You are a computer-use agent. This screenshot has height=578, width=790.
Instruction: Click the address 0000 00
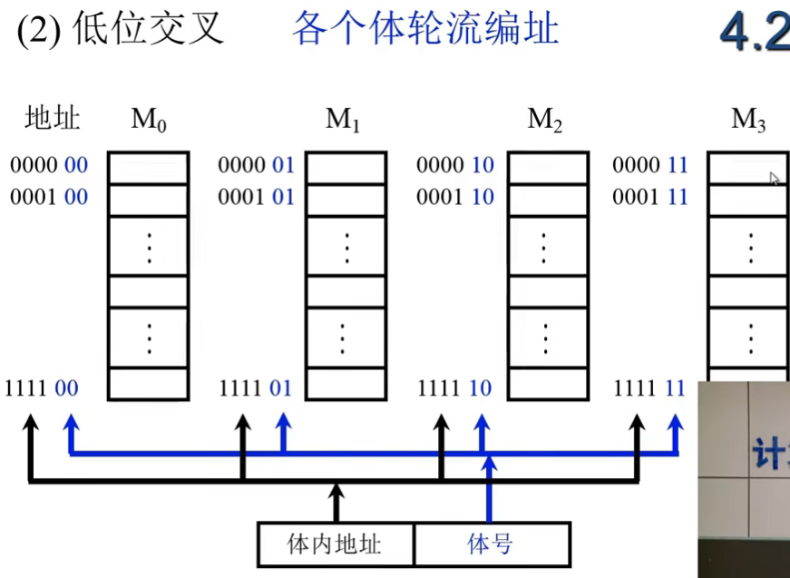click(x=49, y=165)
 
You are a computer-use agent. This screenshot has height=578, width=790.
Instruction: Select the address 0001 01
click(x=257, y=197)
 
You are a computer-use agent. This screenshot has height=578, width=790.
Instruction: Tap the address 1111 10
click(x=454, y=389)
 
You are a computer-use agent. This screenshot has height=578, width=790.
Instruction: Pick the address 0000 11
click(x=650, y=165)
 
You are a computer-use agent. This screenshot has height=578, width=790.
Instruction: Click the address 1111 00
click(x=42, y=389)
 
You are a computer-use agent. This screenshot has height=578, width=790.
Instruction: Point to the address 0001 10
click(x=454, y=197)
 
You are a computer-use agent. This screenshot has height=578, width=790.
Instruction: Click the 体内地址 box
click(x=336, y=544)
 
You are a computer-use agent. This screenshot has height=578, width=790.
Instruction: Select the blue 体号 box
click(x=492, y=544)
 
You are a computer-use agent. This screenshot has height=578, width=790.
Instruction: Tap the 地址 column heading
click(x=54, y=119)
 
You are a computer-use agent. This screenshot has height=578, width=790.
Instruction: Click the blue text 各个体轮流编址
click(x=424, y=29)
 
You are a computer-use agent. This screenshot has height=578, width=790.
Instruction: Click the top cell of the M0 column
click(x=149, y=168)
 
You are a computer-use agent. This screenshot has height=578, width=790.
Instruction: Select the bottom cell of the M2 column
click(x=547, y=383)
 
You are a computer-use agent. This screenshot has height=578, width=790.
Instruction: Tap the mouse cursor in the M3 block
click(x=774, y=178)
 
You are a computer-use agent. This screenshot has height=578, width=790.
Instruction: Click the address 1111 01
click(x=256, y=389)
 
